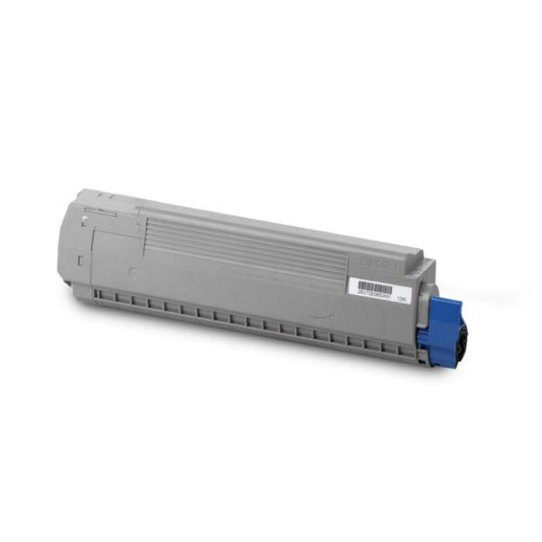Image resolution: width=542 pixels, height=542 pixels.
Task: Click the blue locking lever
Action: pos(448,313)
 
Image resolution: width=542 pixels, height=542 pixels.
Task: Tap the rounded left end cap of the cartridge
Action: pos(81,244)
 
